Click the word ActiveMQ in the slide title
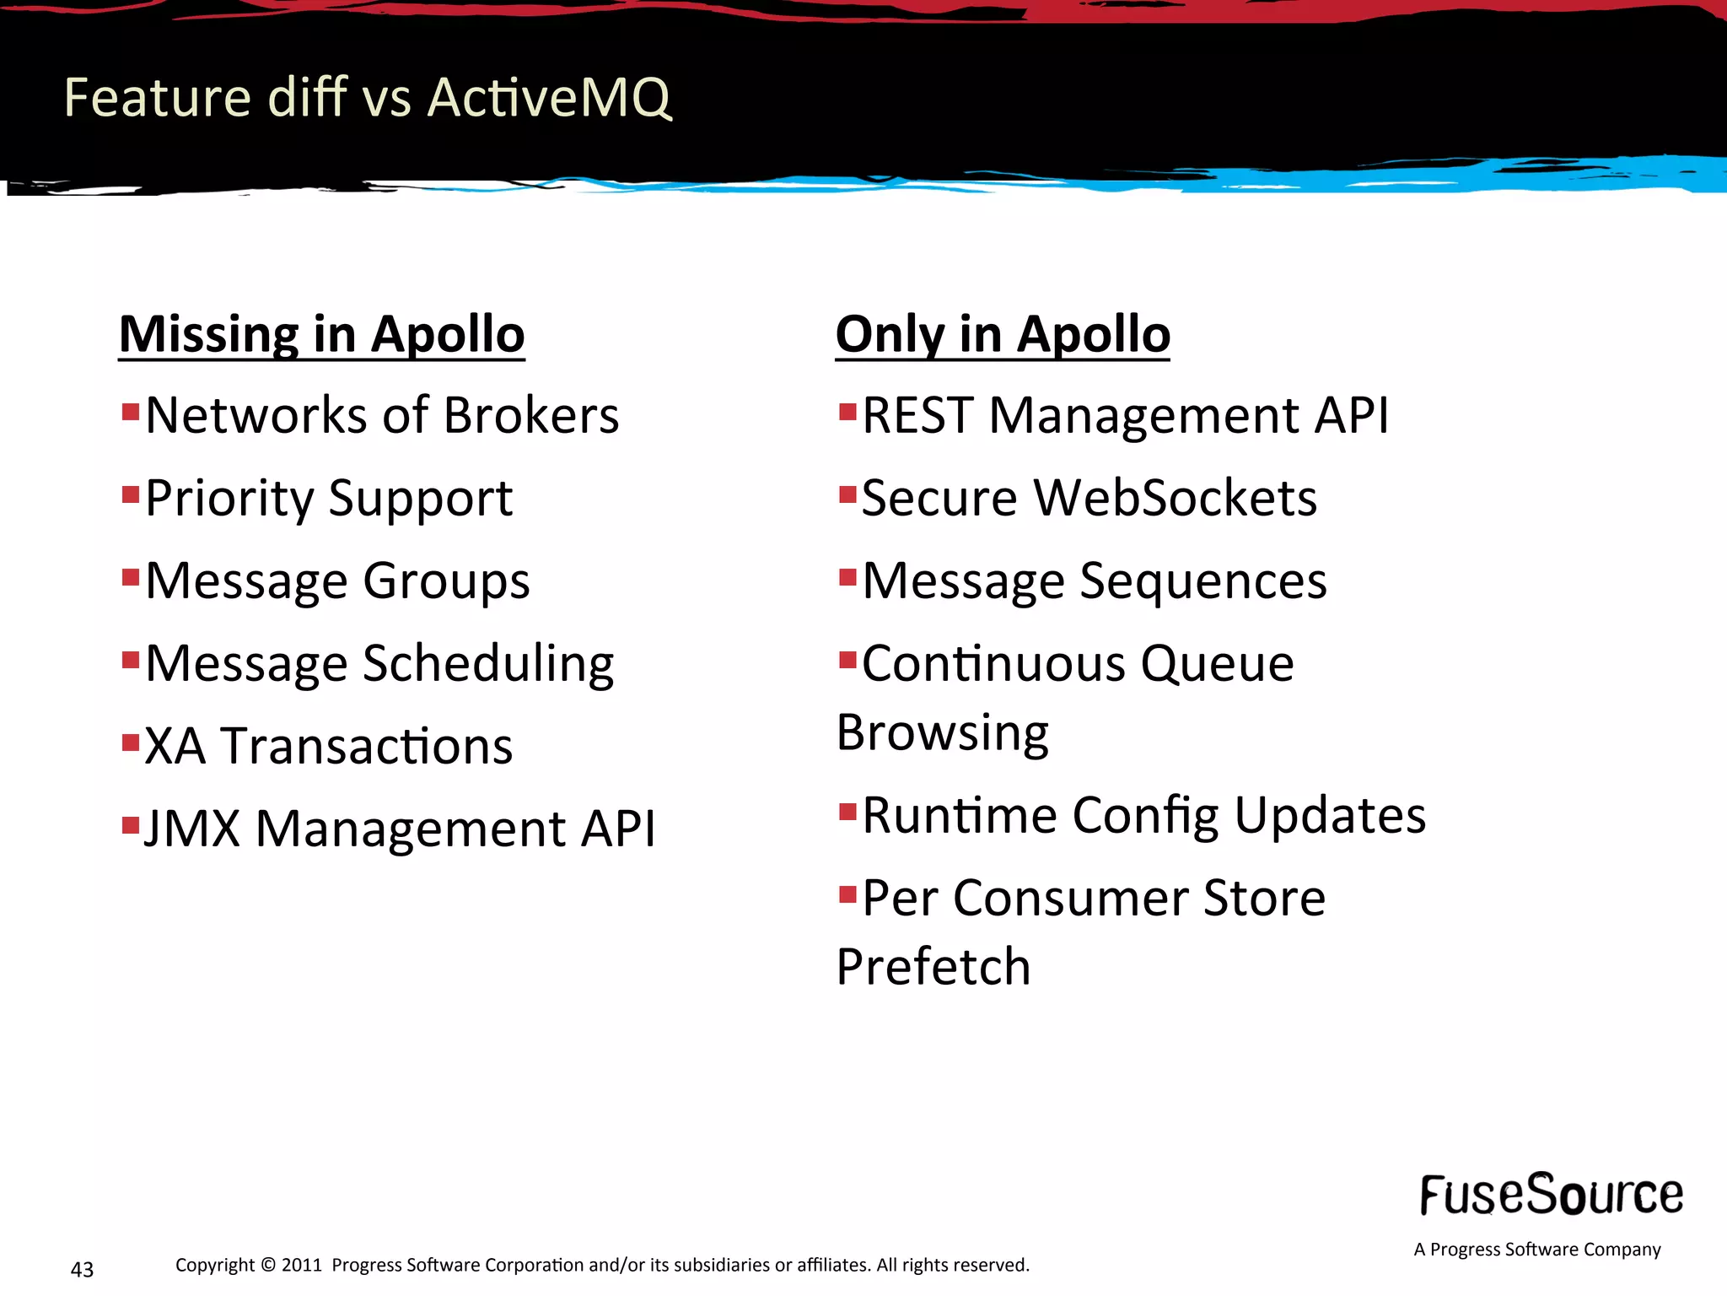(549, 98)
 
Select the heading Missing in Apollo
(321, 334)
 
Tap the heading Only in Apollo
(1002, 334)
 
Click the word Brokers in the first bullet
(531, 415)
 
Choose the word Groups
(446, 581)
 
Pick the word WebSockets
(1175, 498)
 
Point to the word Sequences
(1202, 581)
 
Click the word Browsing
(942, 732)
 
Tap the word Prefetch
(933, 967)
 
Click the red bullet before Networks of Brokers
(130, 413)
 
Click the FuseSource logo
(1551, 1195)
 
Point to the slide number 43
(82, 1269)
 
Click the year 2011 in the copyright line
(302, 1265)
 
